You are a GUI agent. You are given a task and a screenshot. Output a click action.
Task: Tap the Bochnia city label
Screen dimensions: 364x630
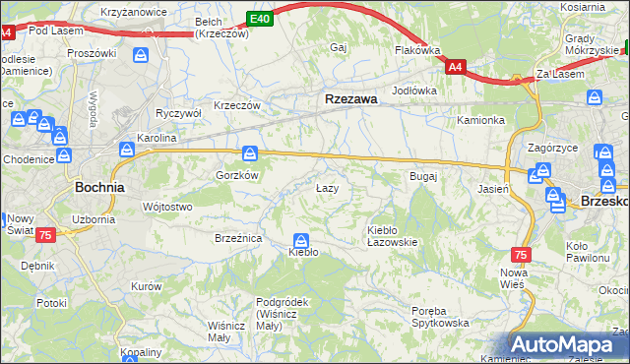(99, 186)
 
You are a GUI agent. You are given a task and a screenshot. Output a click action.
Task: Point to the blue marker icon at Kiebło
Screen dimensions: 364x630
(301, 240)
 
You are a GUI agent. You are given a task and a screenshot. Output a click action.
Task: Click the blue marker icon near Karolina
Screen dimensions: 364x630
(127, 150)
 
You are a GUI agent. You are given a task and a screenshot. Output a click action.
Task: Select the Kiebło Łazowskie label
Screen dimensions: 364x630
(392, 235)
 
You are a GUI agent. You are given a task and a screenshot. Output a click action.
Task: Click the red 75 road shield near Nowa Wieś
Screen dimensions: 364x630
(521, 254)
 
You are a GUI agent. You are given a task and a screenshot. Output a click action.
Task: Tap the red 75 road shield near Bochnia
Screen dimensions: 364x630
(44, 235)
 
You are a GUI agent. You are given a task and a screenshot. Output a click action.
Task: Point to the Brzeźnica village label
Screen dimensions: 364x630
(237, 238)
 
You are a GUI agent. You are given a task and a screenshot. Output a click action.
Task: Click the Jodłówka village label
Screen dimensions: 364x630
(413, 91)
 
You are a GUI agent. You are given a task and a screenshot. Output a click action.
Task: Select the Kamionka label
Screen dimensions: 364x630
(480, 120)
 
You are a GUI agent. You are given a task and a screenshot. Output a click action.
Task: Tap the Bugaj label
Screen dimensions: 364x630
(422, 176)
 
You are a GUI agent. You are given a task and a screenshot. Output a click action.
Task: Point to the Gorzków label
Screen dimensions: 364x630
(236, 174)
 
